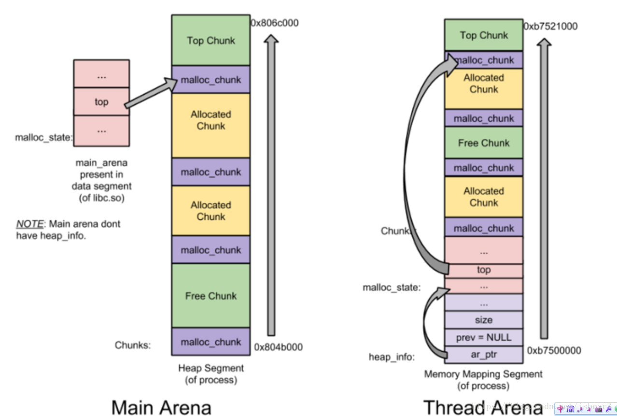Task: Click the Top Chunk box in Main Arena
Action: [x=211, y=40]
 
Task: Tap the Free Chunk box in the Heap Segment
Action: [x=211, y=296]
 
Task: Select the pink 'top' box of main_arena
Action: [x=101, y=102]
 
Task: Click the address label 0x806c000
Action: [x=274, y=23]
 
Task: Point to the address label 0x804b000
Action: [x=279, y=347]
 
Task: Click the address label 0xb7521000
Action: [x=551, y=26]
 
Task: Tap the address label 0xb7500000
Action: [x=554, y=350]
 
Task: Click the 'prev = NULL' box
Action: [x=484, y=337]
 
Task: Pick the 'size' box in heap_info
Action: [x=484, y=320]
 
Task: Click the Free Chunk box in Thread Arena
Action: [x=484, y=143]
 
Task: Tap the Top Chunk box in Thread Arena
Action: [x=484, y=35]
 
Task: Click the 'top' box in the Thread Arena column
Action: [x=484, y=270]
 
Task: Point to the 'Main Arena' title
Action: [x=161, y=407]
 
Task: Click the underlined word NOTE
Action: [x=29, y=224]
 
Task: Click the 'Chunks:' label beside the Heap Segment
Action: [x=133, y=345]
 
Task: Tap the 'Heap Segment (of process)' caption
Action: [x=211, y=374]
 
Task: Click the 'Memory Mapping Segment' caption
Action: [x=483, y=374]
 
